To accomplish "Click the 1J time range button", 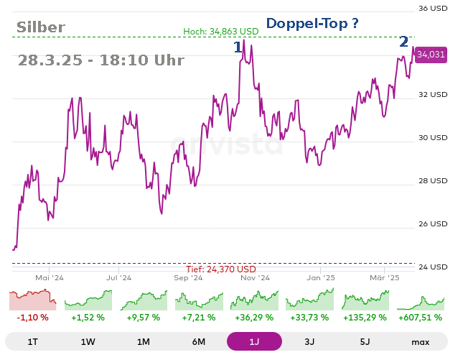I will (x=254, y=341).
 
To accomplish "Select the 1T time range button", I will (x=32, y=341).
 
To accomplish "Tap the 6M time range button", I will (x=199, y=341).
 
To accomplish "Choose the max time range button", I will (x=421, y=341).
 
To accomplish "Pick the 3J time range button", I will (x=309, y=341).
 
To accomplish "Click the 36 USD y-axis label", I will (x=433, y=9).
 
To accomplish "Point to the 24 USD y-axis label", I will (x=433, y=267).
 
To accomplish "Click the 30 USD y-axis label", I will (x=433, y=138).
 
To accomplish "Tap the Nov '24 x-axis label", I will (x=254, y=277).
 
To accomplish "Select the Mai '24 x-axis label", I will (x=50, y=277).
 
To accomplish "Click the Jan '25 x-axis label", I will (x=321, y=277).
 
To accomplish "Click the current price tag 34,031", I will (x=431, y=54).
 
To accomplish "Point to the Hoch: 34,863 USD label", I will (x=220, y=31).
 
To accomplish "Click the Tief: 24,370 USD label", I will (x=225, y=269).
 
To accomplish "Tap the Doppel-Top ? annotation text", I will (x=312, y=24).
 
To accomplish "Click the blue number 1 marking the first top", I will (x=238, y=47).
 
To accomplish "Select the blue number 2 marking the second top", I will (x=404, y=42).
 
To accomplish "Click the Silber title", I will (x=41, y=28).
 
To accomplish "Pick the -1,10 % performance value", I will (x=32, y=317).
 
